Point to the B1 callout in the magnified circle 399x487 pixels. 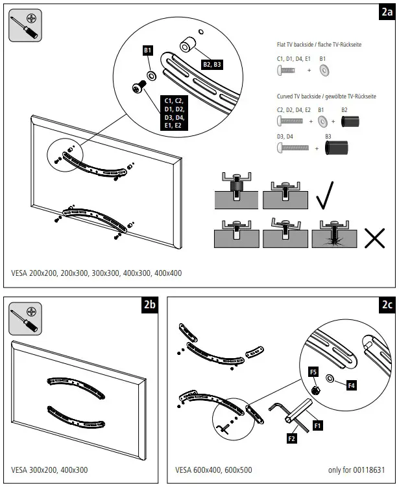click(147, 50)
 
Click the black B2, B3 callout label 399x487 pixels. click(212, 63)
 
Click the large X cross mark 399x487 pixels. click(374, 238)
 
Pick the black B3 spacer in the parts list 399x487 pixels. click(337, 148)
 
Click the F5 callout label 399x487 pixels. click(312, 372)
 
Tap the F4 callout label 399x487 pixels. click(350, 385)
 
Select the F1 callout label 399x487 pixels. click(318, 425)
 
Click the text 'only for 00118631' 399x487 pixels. click(356, 470)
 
